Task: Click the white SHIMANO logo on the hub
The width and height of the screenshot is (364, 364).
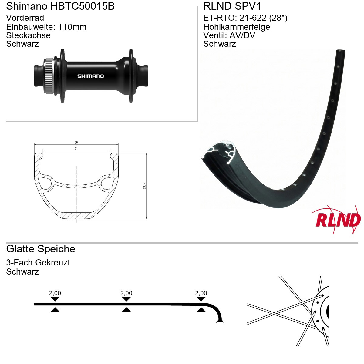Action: point(90,76)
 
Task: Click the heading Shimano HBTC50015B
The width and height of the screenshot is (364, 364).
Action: point(60,6)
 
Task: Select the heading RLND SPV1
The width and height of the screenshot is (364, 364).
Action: point(232,6)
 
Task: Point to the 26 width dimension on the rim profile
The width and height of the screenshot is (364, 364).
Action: point(76,142)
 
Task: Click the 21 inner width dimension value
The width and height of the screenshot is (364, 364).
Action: point(76,149)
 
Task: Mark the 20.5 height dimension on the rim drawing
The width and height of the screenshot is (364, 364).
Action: point(144,186)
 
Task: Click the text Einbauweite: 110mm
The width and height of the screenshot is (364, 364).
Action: point(46,27)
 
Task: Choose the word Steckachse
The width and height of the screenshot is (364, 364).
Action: point(28,35)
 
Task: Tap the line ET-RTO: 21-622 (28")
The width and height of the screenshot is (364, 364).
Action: point(245,18)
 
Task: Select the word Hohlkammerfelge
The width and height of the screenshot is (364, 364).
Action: point(237,27)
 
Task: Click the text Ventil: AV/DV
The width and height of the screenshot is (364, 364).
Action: point(229,35)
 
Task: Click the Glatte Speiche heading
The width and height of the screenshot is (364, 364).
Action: point(41,249)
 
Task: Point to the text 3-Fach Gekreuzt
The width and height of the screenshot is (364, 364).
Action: point(38,263)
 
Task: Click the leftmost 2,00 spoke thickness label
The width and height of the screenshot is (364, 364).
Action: point(55,293)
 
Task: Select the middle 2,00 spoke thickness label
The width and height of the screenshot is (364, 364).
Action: point(126,293)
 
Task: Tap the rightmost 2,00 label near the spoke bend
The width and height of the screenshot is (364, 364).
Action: point(201,293)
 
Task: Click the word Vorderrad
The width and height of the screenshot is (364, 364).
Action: point(25,18)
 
